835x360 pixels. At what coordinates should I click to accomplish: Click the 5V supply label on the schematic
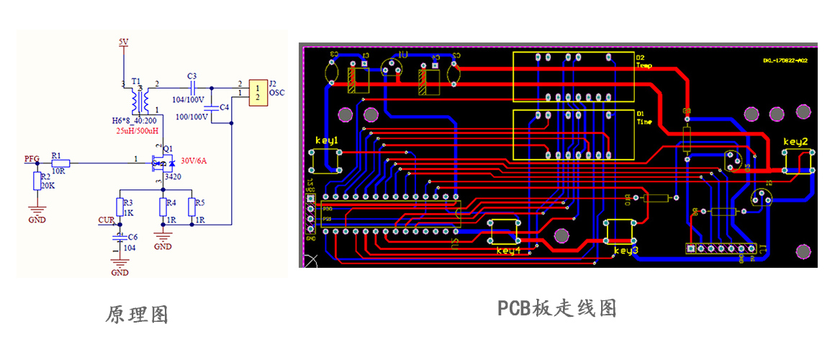point(123,42)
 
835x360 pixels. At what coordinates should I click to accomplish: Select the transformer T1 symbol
point(139,96)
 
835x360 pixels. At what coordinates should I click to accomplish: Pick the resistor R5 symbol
point(191,207)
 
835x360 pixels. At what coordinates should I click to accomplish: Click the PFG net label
point(32,158)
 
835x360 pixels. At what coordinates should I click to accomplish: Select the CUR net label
point(106,220)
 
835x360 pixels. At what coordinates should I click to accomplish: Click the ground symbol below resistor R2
point(37,213)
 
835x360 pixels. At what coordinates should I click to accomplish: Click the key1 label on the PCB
point(326,140)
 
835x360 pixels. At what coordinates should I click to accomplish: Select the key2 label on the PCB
point(795,141)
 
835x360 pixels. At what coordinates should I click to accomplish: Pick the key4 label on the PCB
point(508,251)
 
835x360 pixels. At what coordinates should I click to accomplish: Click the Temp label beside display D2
point(644,65)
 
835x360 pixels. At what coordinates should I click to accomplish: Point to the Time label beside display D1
point(644,122)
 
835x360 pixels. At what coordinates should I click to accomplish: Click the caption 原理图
point(136,315)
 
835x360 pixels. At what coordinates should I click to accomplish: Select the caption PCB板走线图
point(557,308)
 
